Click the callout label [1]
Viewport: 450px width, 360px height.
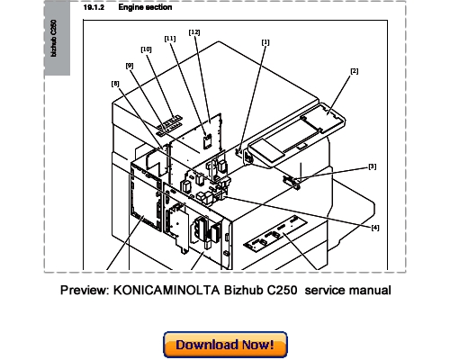click(x=265, y=42)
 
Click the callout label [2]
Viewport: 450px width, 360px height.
click(x=355, y=70)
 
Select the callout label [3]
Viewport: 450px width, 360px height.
click(x=372, y=166)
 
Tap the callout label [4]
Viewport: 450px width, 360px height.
click(x=374, y=227)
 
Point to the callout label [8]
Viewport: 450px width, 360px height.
click(x=114, y=83)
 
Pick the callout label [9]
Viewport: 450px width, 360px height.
click(x=130, y=66)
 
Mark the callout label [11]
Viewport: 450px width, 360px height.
click(x=169, y=39)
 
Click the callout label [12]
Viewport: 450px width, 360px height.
click(x=193, y=32)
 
